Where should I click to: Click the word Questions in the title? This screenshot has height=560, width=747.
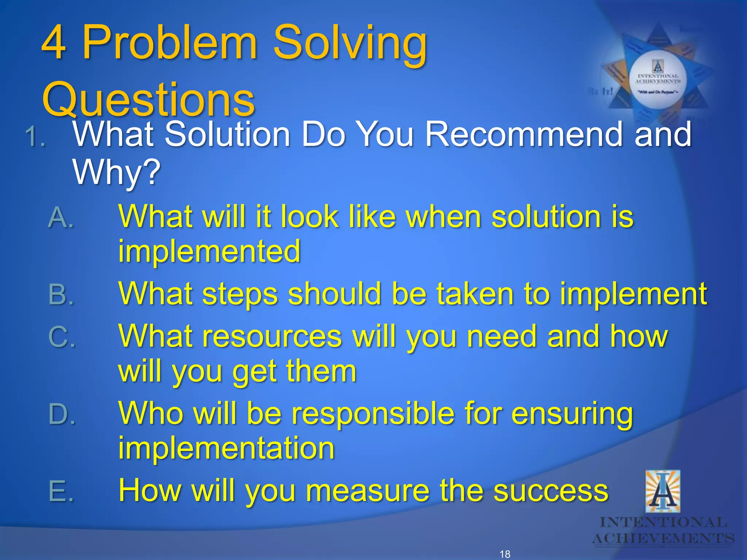(148, 99)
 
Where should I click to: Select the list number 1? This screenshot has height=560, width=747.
(35, 137)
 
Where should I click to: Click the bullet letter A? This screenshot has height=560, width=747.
(61, 218)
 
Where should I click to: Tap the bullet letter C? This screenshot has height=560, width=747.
(61, 337)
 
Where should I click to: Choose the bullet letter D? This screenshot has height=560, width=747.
(61, 415)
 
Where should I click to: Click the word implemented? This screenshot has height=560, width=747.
(209, 251)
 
